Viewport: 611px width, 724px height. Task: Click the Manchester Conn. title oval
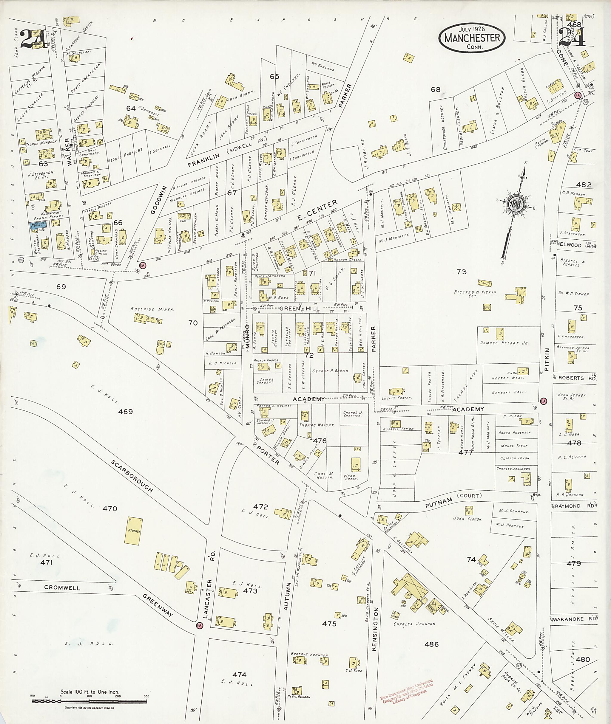[471, 38]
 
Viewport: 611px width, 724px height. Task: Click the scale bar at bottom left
[90, 701]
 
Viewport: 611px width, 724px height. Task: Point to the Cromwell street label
[62, 588]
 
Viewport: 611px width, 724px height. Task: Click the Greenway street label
[158, 606]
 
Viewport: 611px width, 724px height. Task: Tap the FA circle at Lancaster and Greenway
[199, 626]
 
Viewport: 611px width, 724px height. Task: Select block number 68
[435, 89]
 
